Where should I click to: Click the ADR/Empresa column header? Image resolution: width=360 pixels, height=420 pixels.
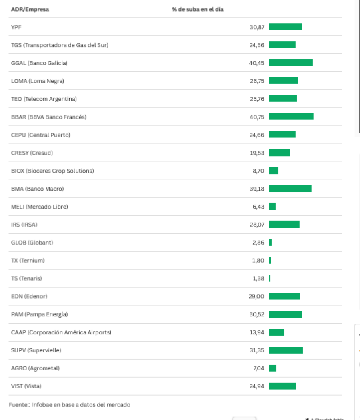pos(30,9)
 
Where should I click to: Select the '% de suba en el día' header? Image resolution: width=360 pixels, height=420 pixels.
pos(198,9)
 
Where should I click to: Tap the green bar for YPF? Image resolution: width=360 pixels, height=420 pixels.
pos(285,26)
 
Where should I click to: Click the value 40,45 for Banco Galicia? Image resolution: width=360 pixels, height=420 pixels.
pos(256,63)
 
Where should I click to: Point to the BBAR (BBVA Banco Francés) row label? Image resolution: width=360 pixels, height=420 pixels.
pos(49,117)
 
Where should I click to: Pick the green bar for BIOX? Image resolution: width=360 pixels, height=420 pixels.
pos(274,171)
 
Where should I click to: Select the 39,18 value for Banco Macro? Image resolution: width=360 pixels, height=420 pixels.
pos(257,189)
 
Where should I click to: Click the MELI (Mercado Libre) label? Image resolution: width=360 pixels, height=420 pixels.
pos(40,207)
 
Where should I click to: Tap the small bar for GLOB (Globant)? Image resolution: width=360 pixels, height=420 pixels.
pos(270,242)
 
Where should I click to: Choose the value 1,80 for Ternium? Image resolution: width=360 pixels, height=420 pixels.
pos(258,261)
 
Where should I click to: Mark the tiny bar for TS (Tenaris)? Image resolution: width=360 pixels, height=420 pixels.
pos(270,278)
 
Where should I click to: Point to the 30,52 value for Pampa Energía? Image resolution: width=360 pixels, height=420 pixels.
pos(257,314)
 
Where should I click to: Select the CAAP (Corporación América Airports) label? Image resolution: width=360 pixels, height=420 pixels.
pos(61,332)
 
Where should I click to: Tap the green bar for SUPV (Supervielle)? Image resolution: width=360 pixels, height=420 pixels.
pos(286,350)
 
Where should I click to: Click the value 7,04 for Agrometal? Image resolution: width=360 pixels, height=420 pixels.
pos(259,368)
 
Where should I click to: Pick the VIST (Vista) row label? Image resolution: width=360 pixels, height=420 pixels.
pos(26,386)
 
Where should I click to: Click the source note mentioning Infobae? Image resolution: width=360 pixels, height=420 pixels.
pos(70,405)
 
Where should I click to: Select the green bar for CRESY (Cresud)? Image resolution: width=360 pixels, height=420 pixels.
pos(279,153)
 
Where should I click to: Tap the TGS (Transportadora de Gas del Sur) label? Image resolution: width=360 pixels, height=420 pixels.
pos(60,45)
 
